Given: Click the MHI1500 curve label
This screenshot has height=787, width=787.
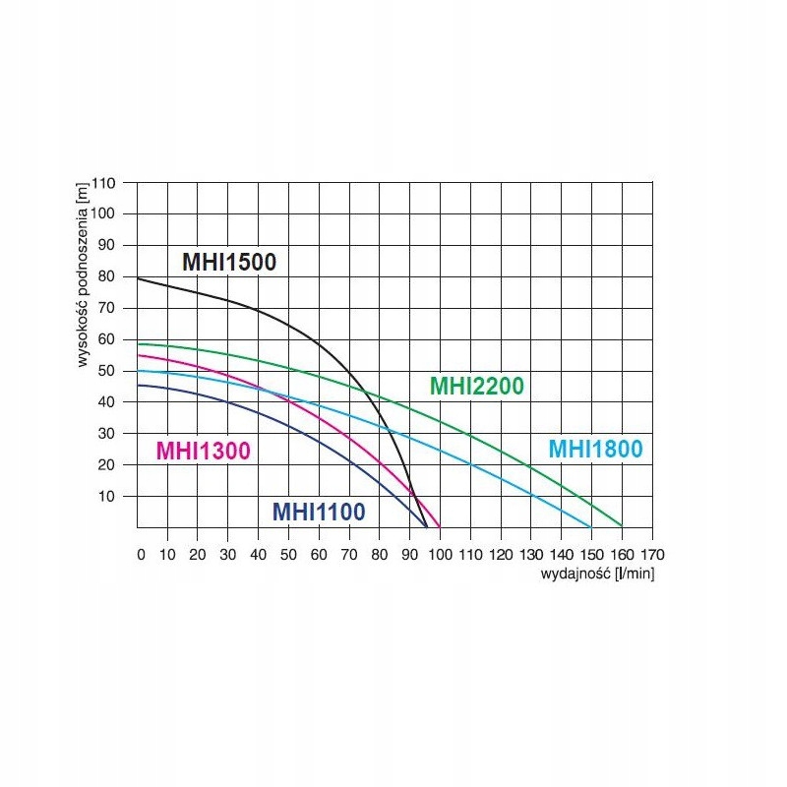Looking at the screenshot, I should click(x=229, y=263).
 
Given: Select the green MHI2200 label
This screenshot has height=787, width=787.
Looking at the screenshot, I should click(x=477, y=386).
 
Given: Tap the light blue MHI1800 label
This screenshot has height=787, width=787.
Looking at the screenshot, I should click(x=595, y=450).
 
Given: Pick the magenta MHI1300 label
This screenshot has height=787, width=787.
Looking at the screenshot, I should click(x=204, y=451).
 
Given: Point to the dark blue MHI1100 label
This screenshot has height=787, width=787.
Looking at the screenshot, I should click(x=319, y=512).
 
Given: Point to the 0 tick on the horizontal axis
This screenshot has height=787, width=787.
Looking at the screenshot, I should click(x=142, y=555).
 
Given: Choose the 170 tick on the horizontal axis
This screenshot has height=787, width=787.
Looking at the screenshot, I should click(x=652, y=555).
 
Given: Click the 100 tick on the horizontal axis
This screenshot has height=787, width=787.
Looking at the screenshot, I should click(x=442, y=555).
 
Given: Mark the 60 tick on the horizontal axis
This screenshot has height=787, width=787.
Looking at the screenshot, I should click(x=319, y=555).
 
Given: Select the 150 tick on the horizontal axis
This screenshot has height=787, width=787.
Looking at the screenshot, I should click(x=591, y=555).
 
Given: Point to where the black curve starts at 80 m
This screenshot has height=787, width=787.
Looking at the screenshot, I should click(x=139, y=279).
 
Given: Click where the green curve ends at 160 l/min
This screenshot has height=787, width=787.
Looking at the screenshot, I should click(x=622, y=525).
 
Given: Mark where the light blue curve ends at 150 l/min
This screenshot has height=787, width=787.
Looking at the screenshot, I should click(x=591, y=526).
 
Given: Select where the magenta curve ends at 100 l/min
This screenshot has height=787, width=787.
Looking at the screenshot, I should click(x=440, y=526).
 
